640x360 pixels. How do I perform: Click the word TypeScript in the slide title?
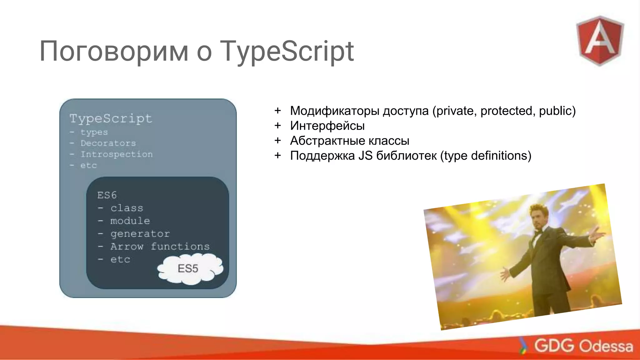click(287, 52)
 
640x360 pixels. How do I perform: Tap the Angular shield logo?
click(600, 41)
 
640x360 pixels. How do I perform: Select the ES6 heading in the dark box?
click(107, 195)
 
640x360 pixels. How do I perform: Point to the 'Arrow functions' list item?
click(160, 247)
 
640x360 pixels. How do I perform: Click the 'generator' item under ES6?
click(140, 234)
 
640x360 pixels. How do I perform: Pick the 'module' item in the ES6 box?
click(130, 221)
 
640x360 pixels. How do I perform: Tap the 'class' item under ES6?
click(127, 208)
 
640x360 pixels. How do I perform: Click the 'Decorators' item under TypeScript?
click(108, 143)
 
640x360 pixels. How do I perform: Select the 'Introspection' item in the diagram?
click(117, 154)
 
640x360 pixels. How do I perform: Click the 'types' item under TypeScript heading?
click(94, 132)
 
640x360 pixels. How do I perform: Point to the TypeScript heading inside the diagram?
click(111, 118)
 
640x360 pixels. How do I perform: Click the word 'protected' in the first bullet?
click(507, 111)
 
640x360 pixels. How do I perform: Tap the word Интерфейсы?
click(327, 126)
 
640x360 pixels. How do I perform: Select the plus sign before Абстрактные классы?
click(277, 141)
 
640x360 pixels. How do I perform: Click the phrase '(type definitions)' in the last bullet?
click(486, 156)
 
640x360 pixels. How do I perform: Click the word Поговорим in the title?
click(114, 52)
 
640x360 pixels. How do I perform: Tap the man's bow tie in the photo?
click(538, 232)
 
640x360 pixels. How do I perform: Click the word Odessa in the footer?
click(606, 346)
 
